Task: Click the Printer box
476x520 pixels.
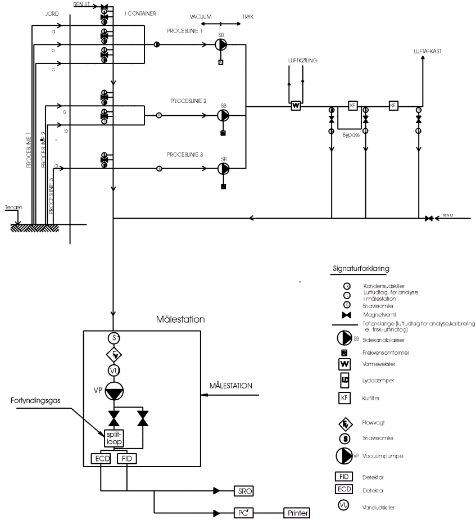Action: [297, 513]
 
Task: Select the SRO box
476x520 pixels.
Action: [244, 491]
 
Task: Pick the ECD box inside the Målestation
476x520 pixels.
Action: [101, 459]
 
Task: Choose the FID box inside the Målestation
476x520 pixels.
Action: [127, 459]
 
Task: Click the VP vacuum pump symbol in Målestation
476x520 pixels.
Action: [114, 392]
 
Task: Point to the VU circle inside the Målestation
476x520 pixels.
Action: [114, 371]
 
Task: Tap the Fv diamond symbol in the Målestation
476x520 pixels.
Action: [114, 355]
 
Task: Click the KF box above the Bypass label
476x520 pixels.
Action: [353, 106]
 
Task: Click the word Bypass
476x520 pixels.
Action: [351, 135]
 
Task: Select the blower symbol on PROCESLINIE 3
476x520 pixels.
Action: [223, 168]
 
